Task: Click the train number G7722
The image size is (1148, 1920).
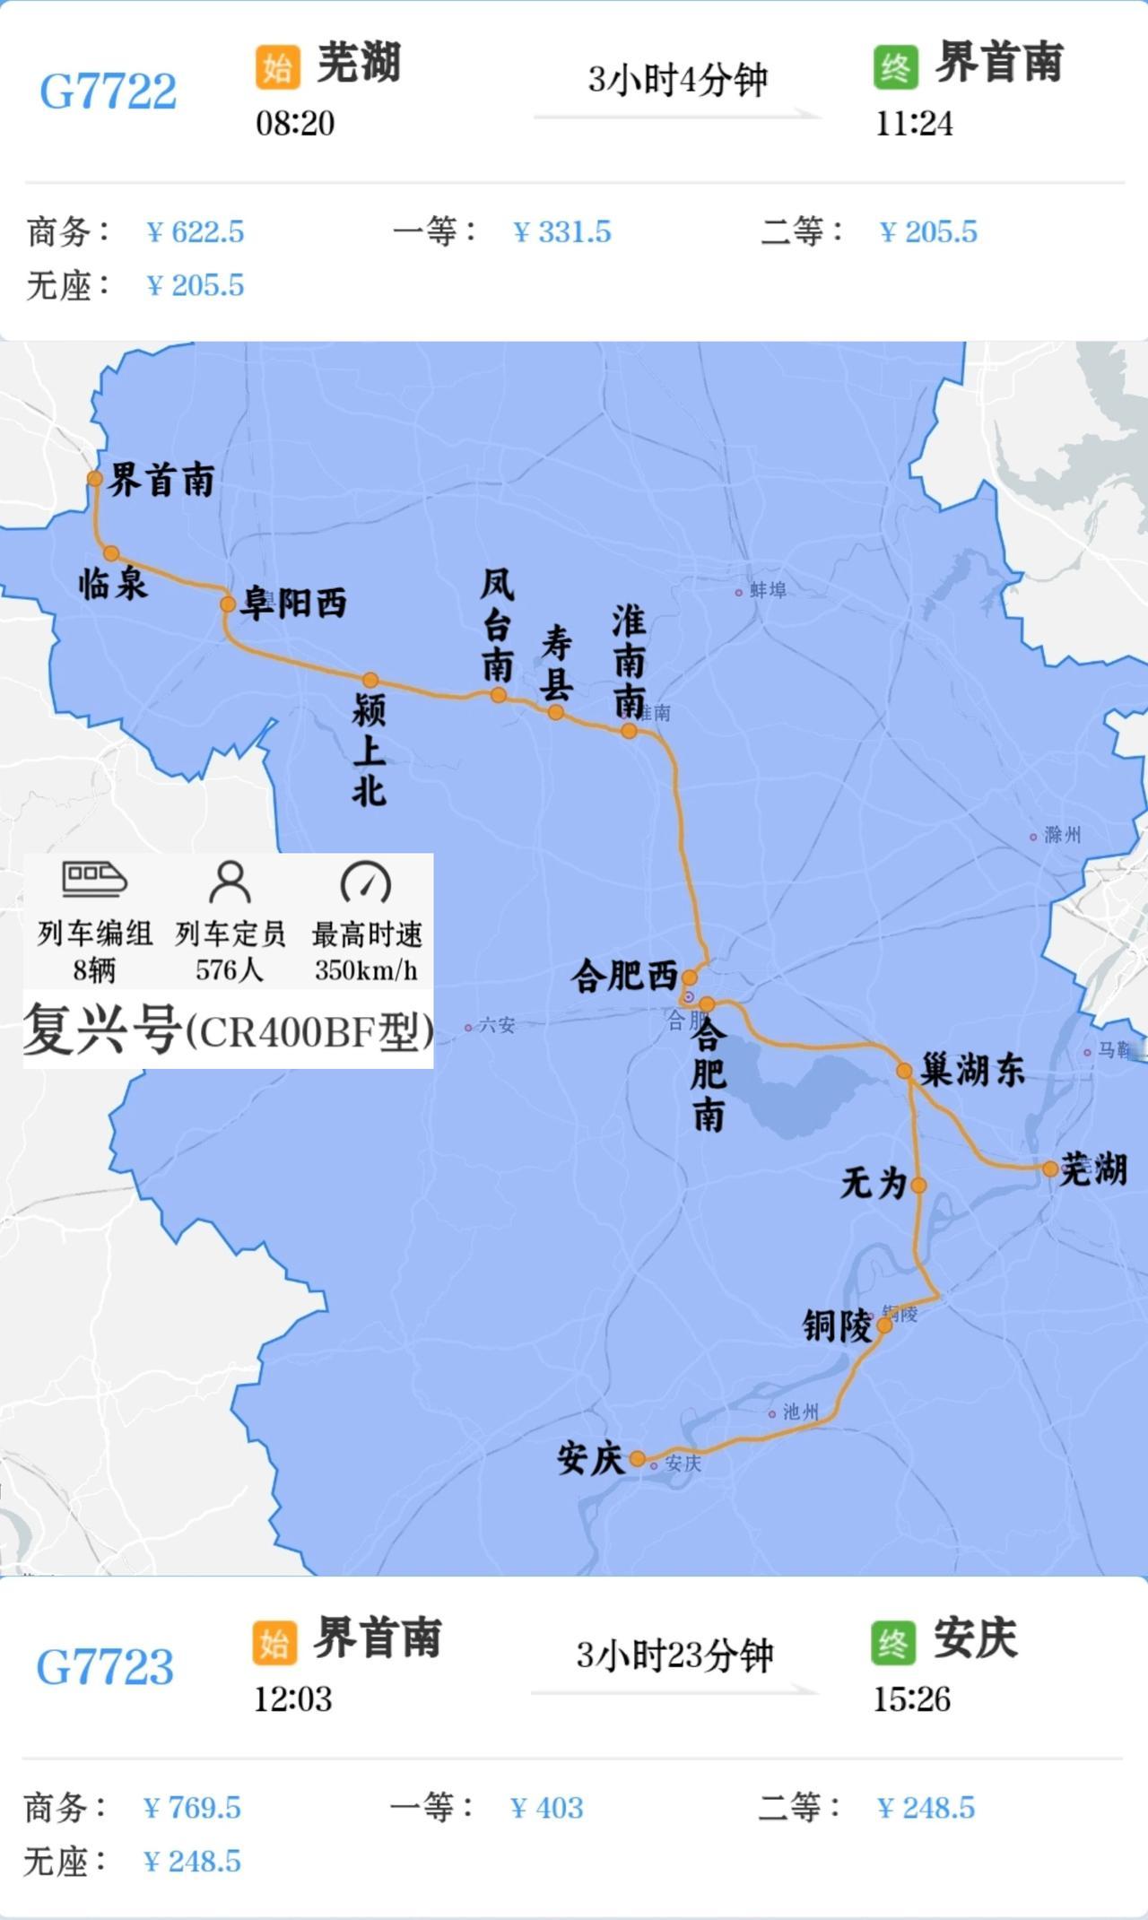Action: click(108, 91)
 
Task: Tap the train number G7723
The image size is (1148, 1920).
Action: click(105, 1667)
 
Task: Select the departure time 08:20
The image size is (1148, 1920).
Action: click(295, 123)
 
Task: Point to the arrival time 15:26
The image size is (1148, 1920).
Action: click(911, 1699)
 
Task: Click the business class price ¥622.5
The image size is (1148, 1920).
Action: click(196, 232)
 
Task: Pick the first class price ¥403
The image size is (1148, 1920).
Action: click(547, 1808)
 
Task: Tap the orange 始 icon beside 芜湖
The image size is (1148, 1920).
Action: click(277, 67)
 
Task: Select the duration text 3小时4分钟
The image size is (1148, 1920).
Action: click(677, 81)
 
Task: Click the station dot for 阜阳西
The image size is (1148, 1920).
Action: click(228, 604)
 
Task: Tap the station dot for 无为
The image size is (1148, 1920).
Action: click(918, 1185)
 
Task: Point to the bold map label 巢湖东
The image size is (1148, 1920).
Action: click(972, 1071)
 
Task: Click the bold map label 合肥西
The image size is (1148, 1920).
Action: click(624, 976)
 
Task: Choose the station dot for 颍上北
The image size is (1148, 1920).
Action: click(370, 680)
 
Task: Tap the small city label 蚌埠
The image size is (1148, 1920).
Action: click(768, 590)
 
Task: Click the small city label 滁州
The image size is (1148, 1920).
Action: click(1062, 835)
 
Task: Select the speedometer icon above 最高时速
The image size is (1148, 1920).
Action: click(366, 882)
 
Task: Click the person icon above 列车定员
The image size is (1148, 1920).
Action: click(230, 882)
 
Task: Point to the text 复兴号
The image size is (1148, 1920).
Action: click(100, 1030)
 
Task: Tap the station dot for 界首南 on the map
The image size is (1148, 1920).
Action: click(95, 479)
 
